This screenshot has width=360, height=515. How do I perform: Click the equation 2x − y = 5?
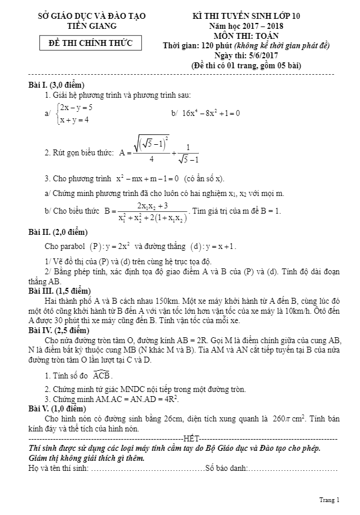76,107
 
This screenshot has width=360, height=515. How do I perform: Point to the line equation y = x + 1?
220,247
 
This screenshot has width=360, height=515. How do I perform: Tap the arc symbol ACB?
102,376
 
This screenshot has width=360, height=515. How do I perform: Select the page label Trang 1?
329,500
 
